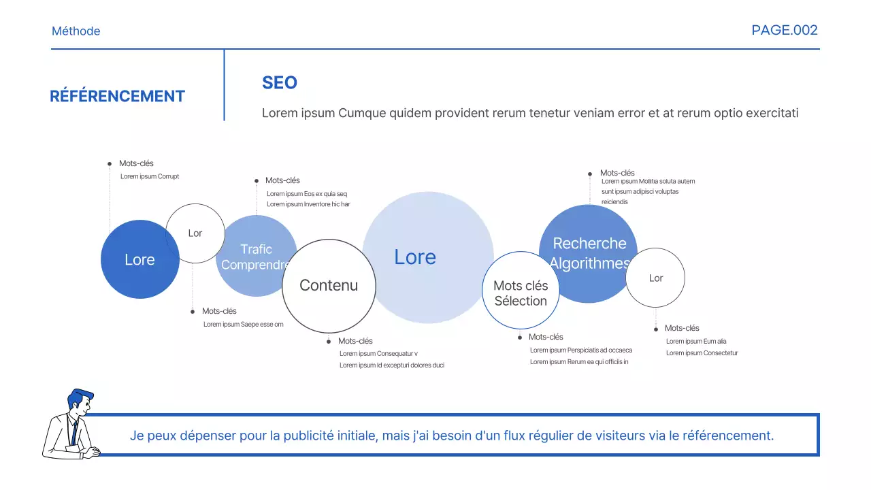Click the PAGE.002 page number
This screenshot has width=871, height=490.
pyautogui.click(x=785, y=30)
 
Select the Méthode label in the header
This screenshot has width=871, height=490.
pyautogui.click(x=76, y=31)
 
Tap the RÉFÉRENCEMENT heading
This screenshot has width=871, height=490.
pyautogui.click(x=117, y=97)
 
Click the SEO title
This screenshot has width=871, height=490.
pyautogui.click(x=280, y=83)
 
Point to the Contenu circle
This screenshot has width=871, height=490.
pyautogui.click(x=329, y=286)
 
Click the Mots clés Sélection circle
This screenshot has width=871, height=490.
pyautogui.click(x=521, y=293)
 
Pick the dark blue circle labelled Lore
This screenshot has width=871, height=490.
pyautogui.click(x=139, y=260)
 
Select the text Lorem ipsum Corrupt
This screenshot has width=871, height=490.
pyautogui.click(x=150, y=177)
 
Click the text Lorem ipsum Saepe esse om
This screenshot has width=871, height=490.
pyautogui.click(x=243, y=325)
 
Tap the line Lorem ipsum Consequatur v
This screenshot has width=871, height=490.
pyautogui.click(x=378, y=354)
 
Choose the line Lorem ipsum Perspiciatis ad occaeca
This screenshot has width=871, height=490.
pyautogui.click(x=581, y=350)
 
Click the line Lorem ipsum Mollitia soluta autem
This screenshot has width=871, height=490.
pyautogui.click(x=648, y=182)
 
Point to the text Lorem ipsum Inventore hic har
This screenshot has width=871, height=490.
pyautogui.click(x=308, y=204)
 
